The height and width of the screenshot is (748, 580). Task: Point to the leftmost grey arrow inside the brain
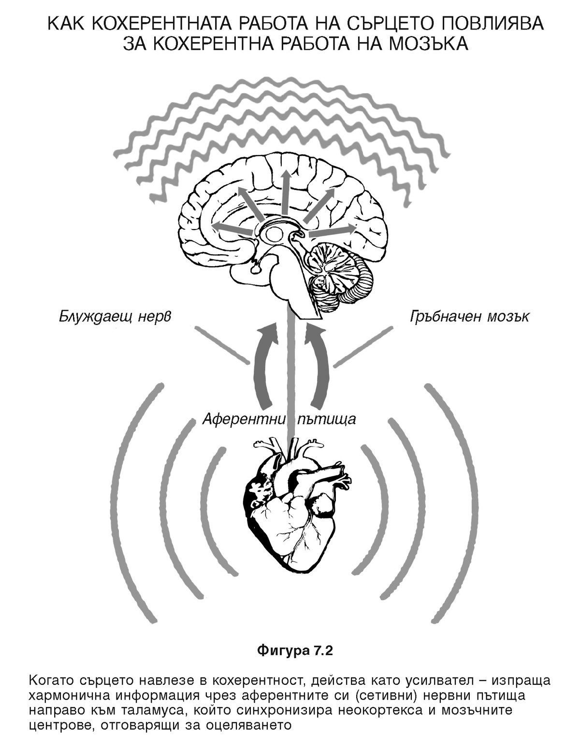pyautogui.click(x=231, y=227)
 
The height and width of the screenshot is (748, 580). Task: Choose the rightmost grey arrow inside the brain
pyautogui.click(x=333, y=230)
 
